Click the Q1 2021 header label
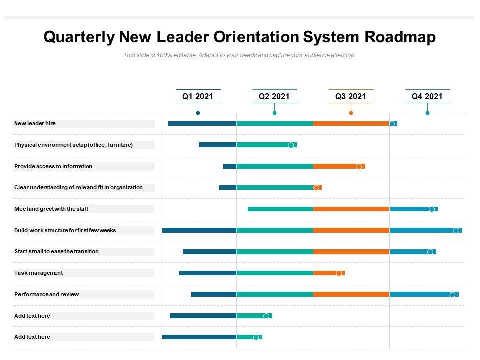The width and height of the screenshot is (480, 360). point(198,97)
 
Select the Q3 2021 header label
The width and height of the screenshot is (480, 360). point(351,97)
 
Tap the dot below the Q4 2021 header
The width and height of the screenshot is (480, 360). point(427,113)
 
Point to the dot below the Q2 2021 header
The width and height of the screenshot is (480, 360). point(274,113)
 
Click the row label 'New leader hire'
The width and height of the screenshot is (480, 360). point(35,123)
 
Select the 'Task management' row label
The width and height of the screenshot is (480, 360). point(39,273)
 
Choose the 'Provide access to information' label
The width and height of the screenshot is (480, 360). point(53,166)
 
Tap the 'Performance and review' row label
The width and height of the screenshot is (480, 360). point(47,294)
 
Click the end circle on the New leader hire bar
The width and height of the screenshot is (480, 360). point(392,124)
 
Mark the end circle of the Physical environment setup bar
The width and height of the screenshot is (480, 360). point(291,145)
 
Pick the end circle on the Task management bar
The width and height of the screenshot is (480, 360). point(339,273)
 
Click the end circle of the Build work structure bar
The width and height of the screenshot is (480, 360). point(456,230)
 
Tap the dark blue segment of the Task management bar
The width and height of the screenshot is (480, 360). point(208,273)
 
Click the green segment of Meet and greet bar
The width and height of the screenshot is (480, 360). point(280,209)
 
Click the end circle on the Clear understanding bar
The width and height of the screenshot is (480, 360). point(316,188)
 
